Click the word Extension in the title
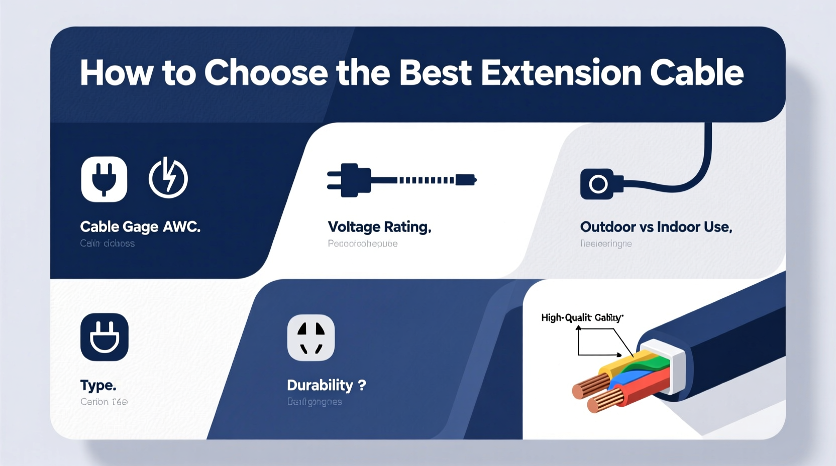[561, 73]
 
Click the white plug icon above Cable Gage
[104, 179]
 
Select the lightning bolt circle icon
[168, 178]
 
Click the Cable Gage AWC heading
[140, 227]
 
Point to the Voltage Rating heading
[379, 227]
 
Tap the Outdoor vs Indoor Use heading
[656, 227]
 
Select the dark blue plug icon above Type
[104, 337]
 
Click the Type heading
[98, 385]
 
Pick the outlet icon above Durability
[311, 337]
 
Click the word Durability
[320, 385]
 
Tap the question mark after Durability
[362, 385]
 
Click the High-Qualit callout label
[582, 317]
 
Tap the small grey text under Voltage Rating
[362, 244]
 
